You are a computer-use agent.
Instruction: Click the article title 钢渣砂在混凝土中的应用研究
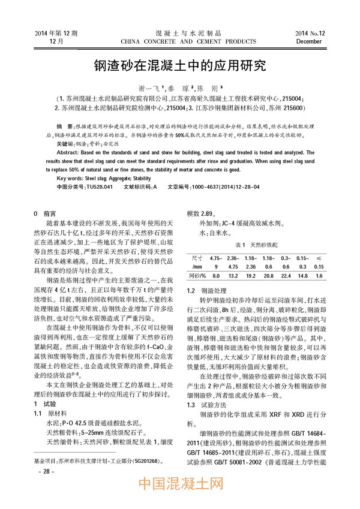[180, 64]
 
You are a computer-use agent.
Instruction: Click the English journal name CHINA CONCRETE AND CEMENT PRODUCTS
[180, 40]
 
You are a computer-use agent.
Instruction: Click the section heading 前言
[50, 213]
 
